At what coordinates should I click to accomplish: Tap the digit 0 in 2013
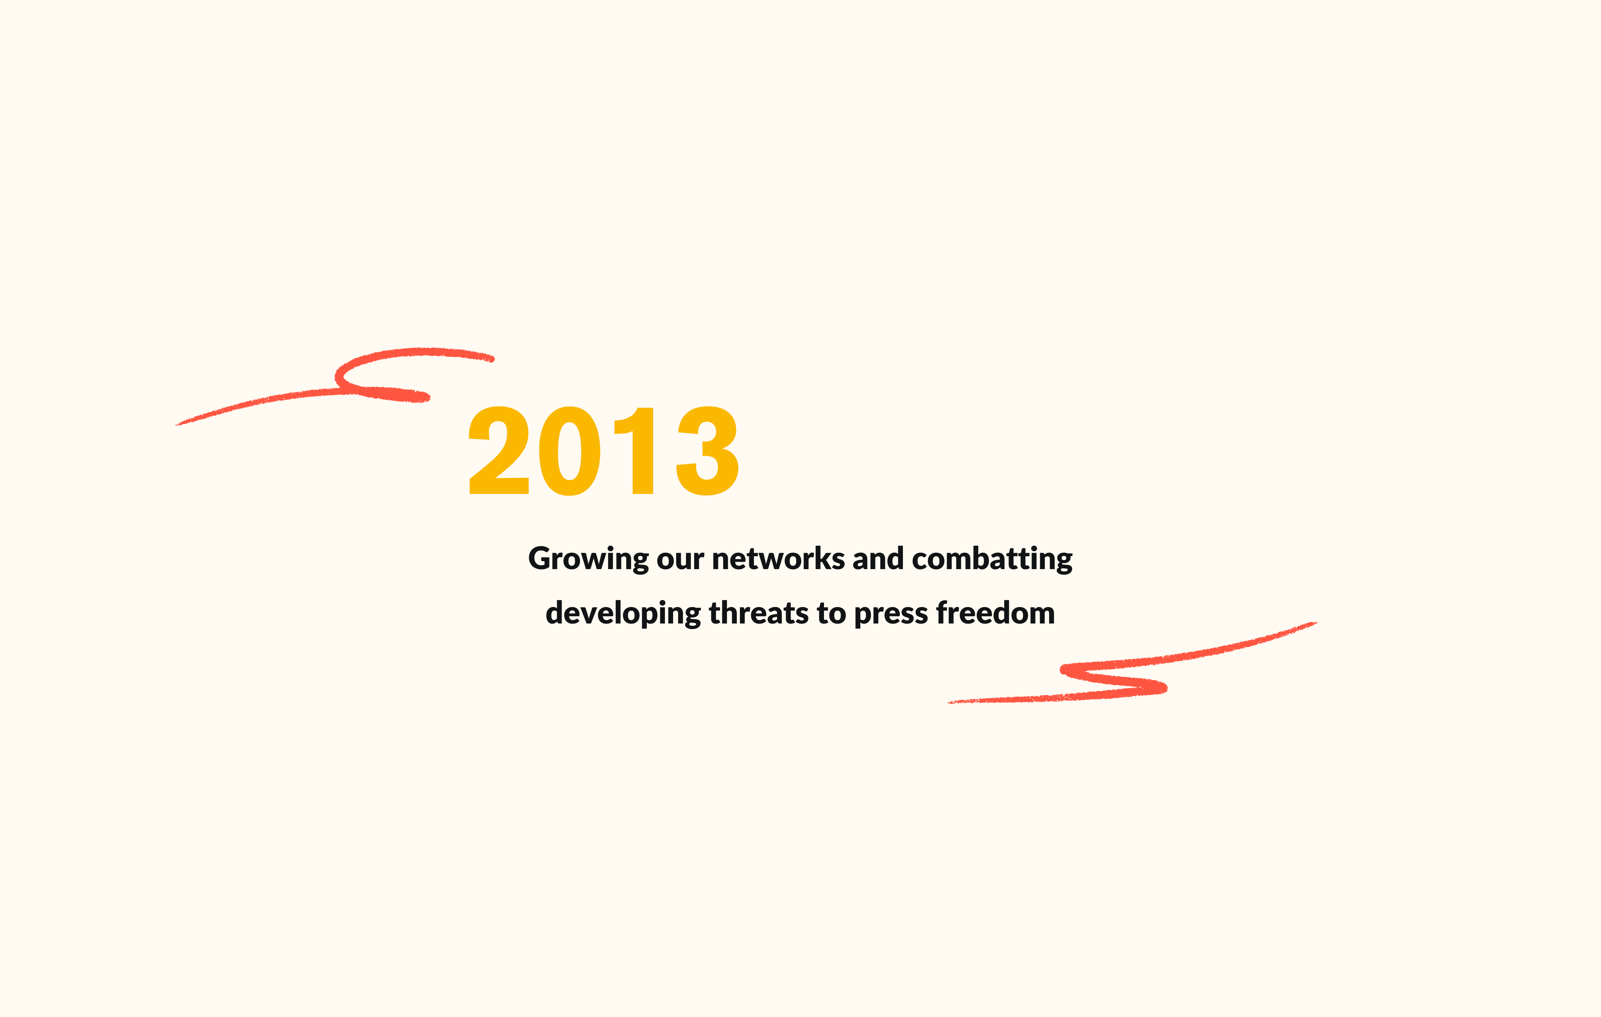point(570,451)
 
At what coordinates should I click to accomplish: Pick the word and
point(878,559)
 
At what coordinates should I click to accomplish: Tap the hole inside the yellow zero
point(570,451)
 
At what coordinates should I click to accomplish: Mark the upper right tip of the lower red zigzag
point(1316,623)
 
